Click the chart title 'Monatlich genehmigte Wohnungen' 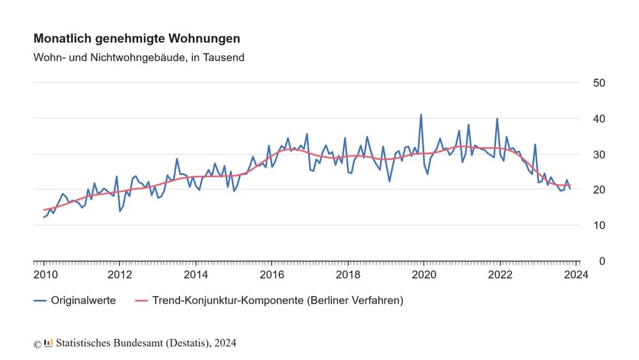coord(137,39)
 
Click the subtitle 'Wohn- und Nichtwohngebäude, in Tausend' coord(139,58)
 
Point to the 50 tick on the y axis coord(599,83)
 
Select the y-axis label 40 coord(599,119)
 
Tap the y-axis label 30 coord(599,155)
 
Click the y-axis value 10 coord(599,226)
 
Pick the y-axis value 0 coord(602,262)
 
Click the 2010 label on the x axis coord(44,275)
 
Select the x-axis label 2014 coord(196,275)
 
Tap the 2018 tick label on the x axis coord(348,275)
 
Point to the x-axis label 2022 coord(500,275)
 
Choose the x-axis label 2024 coord(576,275)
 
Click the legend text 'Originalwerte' coord(83,300)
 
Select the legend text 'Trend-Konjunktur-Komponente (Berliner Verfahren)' coord(277,300)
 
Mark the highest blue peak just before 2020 coord(421,114)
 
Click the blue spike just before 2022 coord(497,118)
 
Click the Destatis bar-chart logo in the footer coord(49,343)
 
